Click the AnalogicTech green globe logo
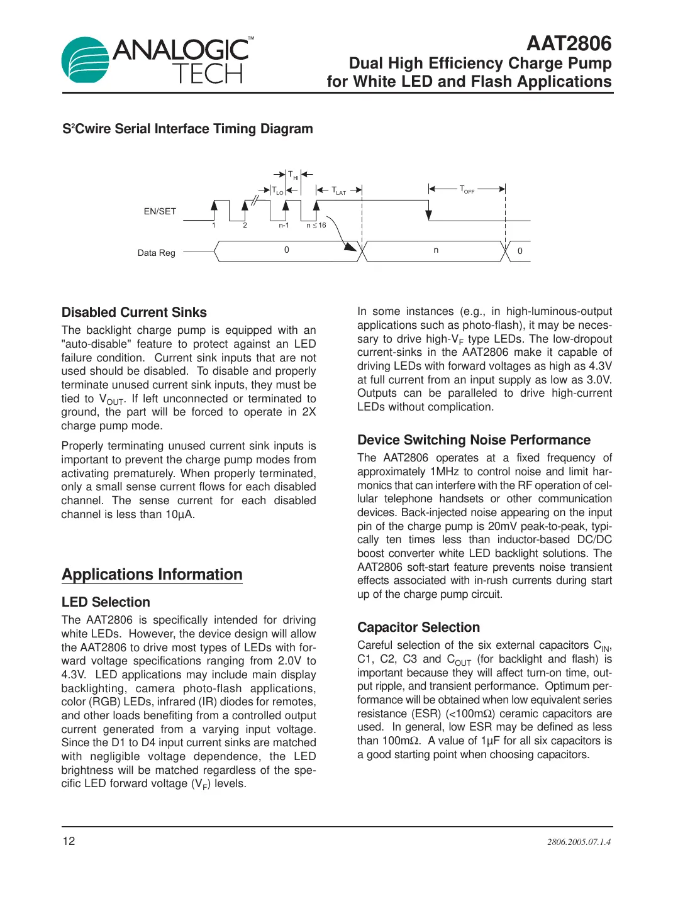[x=85, y=60]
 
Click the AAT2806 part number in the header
[x=569, y=43]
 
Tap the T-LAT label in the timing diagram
[x=339, y=190]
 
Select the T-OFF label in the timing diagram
[x=467, y=189]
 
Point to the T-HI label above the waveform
[x=293, y=175]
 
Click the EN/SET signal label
[x=160, y=211]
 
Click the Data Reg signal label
[x=156, y=253]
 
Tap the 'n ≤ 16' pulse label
[x=316, y=225]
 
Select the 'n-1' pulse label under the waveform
[x=284, y=225]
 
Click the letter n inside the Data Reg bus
[x=436, y=250]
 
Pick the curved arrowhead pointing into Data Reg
[x=350, y=246]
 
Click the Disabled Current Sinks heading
[x=134, y=312]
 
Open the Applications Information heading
[x=152, y=575]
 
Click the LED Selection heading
[x=106, y=602]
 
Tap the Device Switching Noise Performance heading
[x=474, y=440]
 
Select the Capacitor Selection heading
[x=418, y=627]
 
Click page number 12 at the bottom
[x=69, y=841]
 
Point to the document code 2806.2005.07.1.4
[x=579, y=842]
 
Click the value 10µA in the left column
[x=179, y=514]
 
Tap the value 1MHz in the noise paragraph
[x=445, y=472]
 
